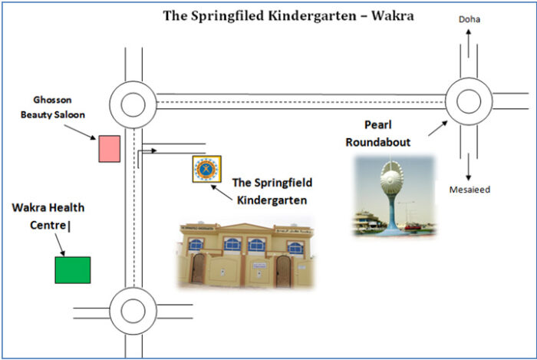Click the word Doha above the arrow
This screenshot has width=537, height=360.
click(x=469, y=19)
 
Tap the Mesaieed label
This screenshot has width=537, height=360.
click(x=469, y=190)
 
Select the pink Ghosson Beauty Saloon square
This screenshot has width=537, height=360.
click(x=110, y=149)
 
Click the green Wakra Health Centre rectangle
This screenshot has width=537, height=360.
click(x=73, y=270)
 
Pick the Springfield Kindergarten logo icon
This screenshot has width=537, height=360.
click(x=207, y=169)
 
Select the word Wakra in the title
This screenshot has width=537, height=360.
click(x=393, y=16)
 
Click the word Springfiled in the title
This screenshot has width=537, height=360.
click(x=227, y=16)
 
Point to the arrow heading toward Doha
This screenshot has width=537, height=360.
click(x=468, y=43)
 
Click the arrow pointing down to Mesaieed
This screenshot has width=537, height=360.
click(x=468, y=167)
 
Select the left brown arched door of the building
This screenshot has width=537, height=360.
click(x=198, y=268)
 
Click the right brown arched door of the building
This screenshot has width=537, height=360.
click(x=284, y=271)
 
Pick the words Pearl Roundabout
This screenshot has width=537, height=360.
click(x=378, y=134)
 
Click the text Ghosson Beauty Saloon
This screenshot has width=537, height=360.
click(x=53, y=107)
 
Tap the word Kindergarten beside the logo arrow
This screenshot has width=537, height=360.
click(x=272, y=200)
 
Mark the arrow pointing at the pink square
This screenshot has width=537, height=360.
click(x=80, y=132)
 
